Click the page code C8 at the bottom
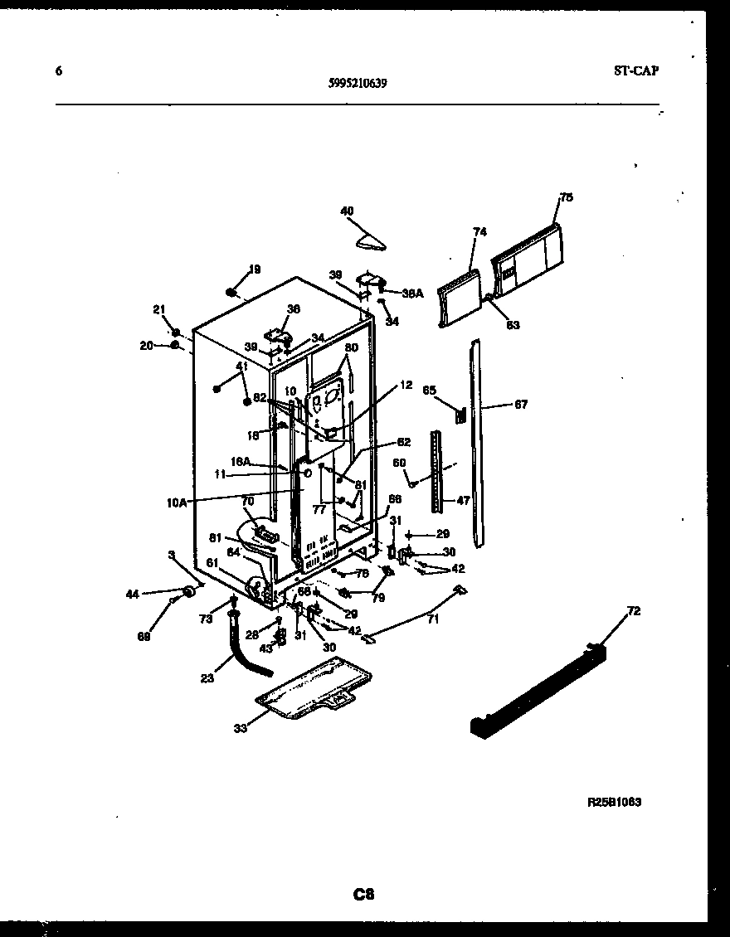tap(364, 895)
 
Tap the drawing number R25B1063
tap(614, 802)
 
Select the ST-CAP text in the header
tap(636, 71)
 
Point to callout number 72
tap(633, 611)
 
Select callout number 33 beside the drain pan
tap(240, 729)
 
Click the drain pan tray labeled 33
tap(310, 687)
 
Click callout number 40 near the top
tap(348, 211)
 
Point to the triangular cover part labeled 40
tap(370, 240)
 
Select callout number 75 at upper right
tap(566, 197)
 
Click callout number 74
tap(479, 232)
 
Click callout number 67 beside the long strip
tap(520, 405)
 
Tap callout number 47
tap(463, 501)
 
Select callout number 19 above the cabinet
tap(255, 269)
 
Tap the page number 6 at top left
tap(58, 71)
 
